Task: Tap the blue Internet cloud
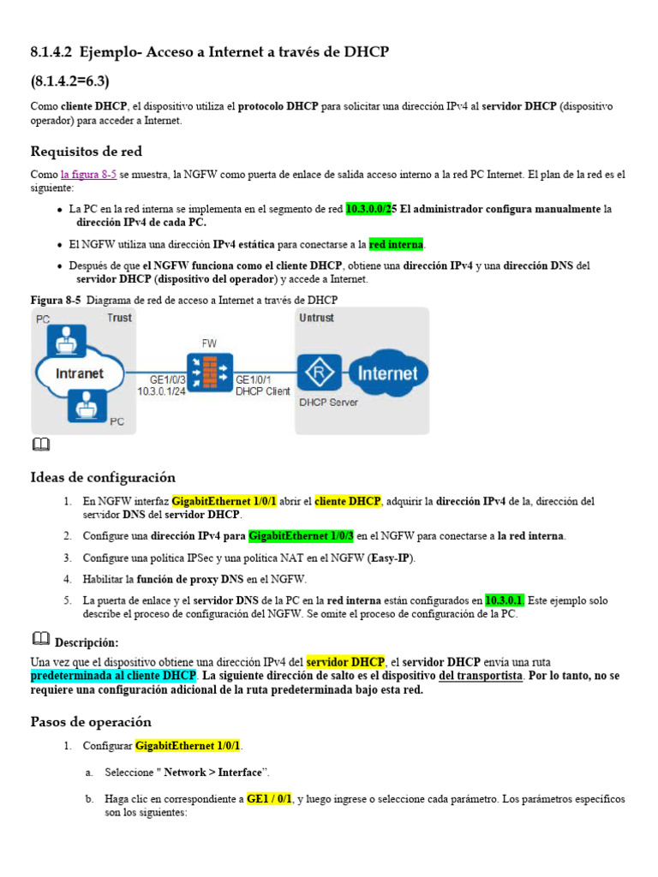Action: [x=386, y=373]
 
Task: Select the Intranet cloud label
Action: [x=79, y=373]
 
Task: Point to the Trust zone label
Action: [x=119, y=319]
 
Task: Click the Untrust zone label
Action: [x=317, y=319]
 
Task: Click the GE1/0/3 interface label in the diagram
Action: [x=167, y=379]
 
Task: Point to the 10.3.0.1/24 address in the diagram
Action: [x=162, y=391]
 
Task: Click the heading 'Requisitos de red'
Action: [x=86, y=152]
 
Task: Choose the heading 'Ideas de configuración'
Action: [x=103, y=477]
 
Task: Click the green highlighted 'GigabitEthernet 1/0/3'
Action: [x=301, y=536]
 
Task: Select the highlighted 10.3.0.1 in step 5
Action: [x=505, y=600]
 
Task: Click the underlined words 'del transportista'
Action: [x=480, y=676]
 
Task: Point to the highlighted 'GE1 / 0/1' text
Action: [x=269, y=799]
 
